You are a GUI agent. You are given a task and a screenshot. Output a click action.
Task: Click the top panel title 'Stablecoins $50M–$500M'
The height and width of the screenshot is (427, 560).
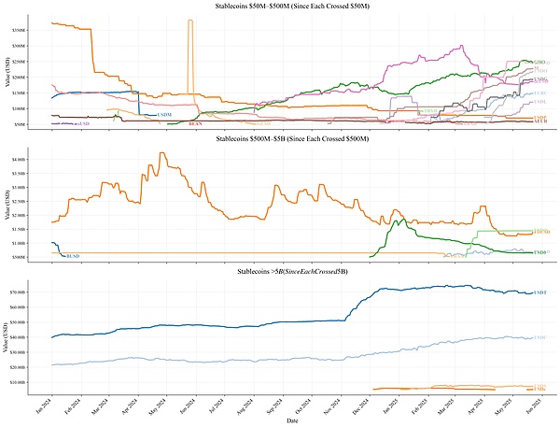point(280,7)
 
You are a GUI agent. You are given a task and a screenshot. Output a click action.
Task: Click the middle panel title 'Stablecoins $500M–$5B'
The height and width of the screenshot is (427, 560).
point(280,139)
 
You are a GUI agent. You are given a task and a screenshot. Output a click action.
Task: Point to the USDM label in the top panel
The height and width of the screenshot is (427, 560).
point(164,114)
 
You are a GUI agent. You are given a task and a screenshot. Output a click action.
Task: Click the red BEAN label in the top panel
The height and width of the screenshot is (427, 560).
point(195,123)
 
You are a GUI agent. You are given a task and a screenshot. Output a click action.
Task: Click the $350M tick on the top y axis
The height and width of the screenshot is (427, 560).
point(31,31)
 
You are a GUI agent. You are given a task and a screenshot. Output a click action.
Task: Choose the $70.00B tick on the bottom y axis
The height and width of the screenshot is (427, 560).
point(29,292)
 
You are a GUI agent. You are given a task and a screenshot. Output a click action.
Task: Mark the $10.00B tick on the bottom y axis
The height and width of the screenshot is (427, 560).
point(29,381)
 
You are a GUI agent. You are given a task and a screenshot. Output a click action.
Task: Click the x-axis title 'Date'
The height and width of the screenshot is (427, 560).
point(293,421)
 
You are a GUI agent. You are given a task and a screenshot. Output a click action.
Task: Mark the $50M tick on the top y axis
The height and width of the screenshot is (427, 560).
point(32,123)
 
